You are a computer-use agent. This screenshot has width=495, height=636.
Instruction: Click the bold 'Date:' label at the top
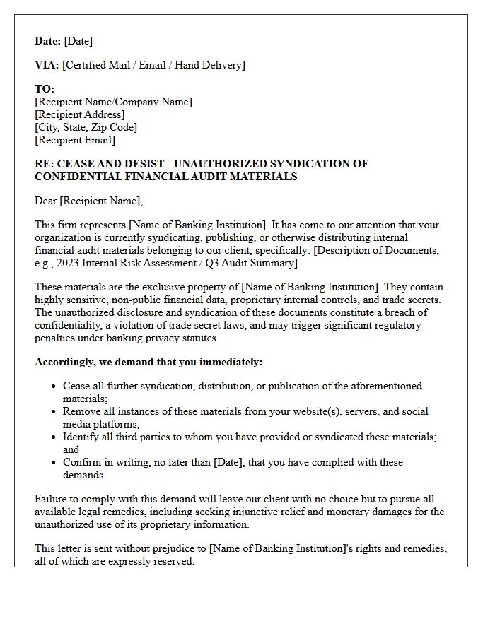48,41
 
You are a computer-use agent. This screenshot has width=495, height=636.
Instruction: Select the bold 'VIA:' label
47,65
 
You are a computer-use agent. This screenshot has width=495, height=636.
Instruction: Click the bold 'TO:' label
45,89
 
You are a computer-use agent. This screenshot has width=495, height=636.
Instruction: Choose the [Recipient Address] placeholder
80,114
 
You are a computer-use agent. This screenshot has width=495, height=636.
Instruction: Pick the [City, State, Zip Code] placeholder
86,127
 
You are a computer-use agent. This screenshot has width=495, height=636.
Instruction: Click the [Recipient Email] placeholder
74,140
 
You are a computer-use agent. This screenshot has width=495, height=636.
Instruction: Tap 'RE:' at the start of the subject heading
44,164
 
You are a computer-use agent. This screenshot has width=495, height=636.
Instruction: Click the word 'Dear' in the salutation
46,201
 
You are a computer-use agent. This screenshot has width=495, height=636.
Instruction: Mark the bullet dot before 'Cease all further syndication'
54,387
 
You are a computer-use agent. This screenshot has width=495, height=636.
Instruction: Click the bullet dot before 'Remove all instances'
54,412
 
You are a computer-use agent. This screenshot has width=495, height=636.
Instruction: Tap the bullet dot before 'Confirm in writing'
54,463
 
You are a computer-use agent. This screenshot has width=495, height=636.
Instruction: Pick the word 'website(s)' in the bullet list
311,411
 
